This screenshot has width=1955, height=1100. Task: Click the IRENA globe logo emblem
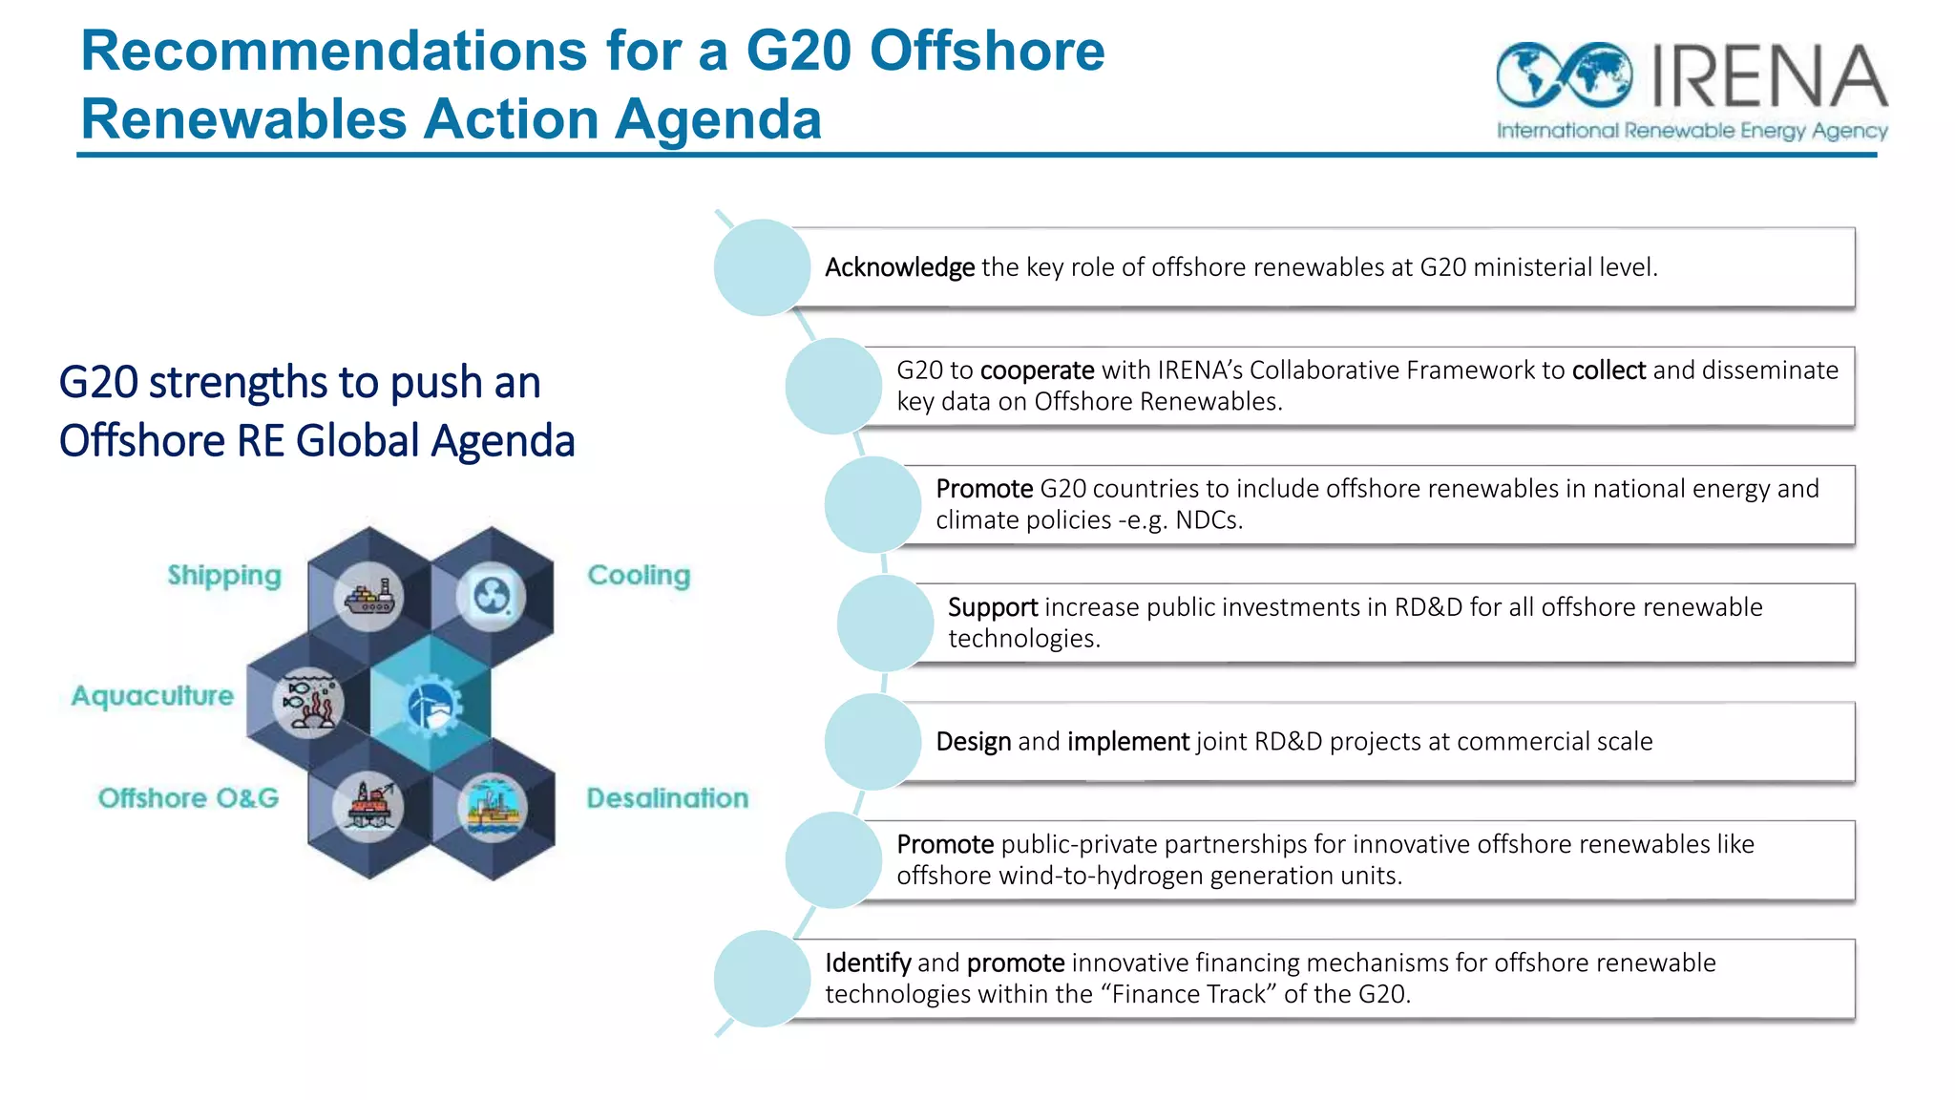coord(1564,74)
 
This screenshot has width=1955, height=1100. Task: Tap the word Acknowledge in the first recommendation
coord(899,267)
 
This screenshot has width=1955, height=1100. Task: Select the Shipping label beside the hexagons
coord(224,576)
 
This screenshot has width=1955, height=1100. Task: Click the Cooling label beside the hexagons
coord(639,576)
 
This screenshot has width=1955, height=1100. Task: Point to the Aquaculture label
coord(153,696)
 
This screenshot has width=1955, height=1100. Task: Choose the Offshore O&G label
coord(189,798)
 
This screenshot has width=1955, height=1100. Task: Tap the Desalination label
coord(667,798)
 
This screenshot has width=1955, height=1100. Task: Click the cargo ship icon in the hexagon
coord(369,597)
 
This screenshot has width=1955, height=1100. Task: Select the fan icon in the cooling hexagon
coord(491,598)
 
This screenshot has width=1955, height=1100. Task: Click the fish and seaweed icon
coord(307,703)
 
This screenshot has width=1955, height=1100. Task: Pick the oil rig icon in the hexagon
coord(368,807)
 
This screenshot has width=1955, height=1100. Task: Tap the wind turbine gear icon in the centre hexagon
coord(431,708)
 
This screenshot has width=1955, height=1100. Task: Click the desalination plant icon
coord(493,808)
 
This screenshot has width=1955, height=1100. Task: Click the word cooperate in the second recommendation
coord(1037,370)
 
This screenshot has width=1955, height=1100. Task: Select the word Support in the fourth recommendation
coord(992,607)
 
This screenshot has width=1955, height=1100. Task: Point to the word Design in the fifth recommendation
coord(973,742)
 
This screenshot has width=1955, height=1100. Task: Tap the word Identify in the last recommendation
coord(867,962)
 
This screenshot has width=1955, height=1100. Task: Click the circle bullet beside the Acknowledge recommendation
coord(762,267)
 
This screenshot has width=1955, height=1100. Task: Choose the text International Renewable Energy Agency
coord(1692,131)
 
